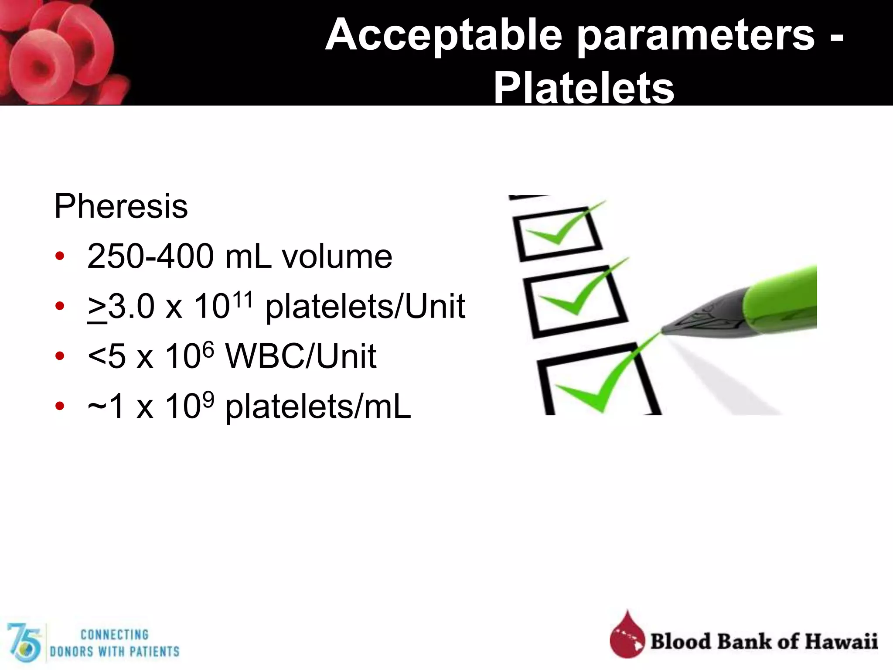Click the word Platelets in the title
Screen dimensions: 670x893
[x=583, y=89]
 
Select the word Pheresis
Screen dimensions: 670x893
[x=121, y=206]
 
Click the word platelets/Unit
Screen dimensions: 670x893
[x=365, y=307]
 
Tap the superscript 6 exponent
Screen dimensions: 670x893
[x=208, y=349]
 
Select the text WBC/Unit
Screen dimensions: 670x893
[x=300, y=356]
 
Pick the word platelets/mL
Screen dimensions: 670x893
[x=318, y=407]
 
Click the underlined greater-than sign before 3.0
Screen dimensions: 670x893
[x=97, y=308]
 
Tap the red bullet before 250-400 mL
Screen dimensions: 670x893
[x=60, y=256]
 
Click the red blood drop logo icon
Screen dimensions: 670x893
[x=627, y=636]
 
